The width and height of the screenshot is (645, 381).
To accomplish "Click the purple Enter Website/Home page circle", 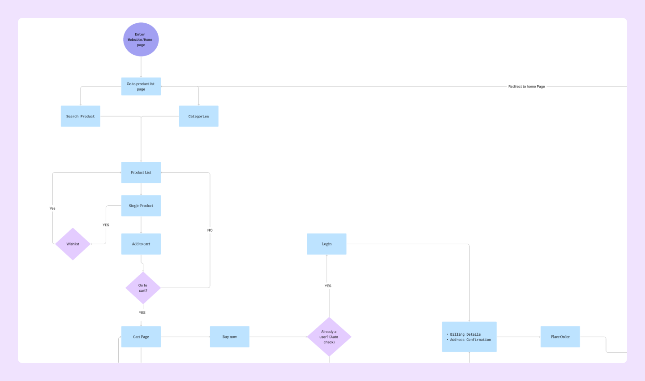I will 141,39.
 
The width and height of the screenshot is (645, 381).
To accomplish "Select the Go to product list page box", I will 141,87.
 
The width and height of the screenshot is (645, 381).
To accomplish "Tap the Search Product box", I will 81,116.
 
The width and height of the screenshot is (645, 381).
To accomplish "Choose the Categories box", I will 198,116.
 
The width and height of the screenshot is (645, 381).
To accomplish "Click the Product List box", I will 141,173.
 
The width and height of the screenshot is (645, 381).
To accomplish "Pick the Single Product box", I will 141,206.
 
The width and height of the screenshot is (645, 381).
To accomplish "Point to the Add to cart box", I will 141,244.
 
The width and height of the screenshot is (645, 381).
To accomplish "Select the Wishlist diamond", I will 73,244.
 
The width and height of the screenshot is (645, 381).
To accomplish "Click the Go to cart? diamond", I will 143,288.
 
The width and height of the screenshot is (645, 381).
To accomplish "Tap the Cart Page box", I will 141,337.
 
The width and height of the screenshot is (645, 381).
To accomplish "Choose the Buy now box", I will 230,337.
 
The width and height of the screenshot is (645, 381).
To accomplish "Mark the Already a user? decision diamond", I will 329,337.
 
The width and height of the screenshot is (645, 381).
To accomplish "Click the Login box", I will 327,244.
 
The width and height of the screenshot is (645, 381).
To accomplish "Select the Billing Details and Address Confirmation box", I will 469,337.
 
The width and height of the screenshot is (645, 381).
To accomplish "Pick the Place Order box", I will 560,337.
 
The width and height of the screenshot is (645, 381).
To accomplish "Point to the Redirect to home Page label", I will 527,87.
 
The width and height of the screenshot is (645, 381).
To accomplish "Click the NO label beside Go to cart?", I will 210,230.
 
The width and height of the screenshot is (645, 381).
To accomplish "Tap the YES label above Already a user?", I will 328,286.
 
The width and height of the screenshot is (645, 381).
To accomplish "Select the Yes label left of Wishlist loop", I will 52,208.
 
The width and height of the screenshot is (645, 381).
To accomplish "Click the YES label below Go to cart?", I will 142,313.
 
